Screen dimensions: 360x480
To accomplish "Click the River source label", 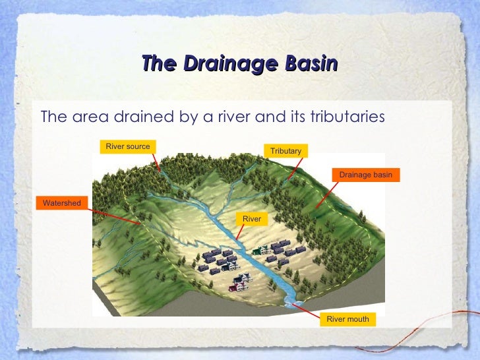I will (128, 146).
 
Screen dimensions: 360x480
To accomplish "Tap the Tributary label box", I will (285, 151).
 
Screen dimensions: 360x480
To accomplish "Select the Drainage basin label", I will (365, 175).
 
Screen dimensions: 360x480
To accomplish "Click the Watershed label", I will (61, 202).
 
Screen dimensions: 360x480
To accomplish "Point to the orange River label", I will (252, 219).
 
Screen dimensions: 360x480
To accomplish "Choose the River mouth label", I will (347, 319).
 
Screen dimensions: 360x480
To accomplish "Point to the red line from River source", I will (155, 162).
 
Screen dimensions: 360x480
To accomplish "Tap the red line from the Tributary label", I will (288, 168).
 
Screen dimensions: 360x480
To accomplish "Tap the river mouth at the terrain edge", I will (291, 301).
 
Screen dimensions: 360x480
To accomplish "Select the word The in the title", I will (159, 64).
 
